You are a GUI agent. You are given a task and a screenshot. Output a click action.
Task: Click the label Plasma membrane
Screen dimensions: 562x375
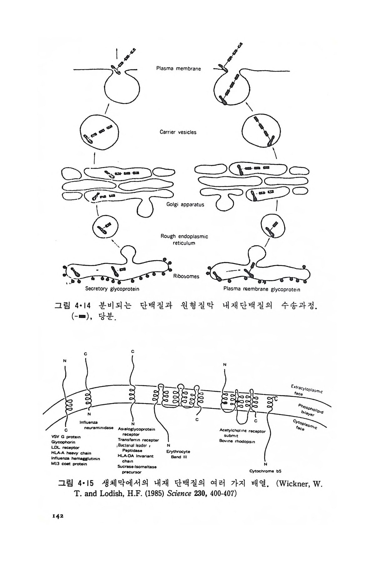click(x=178, y=68)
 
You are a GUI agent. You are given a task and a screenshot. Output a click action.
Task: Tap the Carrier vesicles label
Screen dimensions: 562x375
click(x=178, y=132)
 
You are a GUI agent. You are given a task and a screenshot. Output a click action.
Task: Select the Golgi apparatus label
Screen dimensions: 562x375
click(x=185, y=205)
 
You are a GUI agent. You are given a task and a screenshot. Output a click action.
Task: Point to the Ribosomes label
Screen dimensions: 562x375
click(x=186, y=276)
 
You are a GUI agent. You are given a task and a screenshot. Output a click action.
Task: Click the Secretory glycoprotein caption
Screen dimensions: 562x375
click(x=112, y=289)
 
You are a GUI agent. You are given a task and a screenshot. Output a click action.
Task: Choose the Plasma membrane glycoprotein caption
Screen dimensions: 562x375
click(x=262, y=289)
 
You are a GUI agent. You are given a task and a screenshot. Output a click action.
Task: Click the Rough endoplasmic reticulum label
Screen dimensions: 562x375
click(x=184, y=239)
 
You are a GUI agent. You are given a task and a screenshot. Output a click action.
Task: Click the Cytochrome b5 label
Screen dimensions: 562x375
click(x=266, y=471)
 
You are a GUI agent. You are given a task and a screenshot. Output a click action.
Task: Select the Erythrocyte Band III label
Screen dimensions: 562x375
click(x=178, y=454)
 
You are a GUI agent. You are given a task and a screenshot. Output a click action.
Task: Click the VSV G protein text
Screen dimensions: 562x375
click(x=66, y=436)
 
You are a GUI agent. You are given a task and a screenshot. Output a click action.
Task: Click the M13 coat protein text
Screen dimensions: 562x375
click(x=69, y=464)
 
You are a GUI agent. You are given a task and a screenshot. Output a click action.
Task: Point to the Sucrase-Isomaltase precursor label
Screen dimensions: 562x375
click(x=137, y=469)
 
